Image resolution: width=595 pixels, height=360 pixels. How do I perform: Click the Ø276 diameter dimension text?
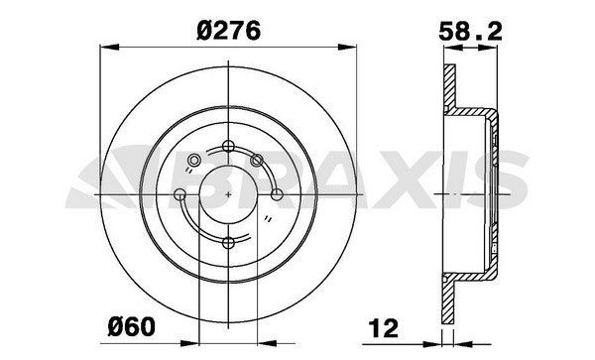[x=228, y=31]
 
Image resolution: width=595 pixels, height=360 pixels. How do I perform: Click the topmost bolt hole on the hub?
[x=229, y=147]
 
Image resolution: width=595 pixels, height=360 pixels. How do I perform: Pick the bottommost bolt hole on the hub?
[x=229, y=242]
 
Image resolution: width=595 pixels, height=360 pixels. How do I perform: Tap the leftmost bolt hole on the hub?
[x=180, y=194]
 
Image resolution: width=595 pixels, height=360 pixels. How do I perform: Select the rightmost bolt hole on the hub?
[x=278, y=194]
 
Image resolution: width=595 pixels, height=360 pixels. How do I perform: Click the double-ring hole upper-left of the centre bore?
[x=196, y=160]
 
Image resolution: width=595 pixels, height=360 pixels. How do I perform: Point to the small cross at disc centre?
[x=229, y=194]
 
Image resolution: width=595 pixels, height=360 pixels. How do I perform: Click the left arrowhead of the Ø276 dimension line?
[x=107, y=45]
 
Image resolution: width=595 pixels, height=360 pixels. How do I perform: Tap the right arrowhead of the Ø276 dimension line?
[x=351, y=45]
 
